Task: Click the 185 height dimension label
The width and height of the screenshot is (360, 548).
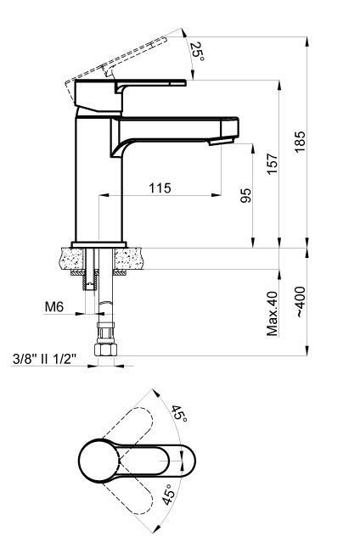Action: pos(300,142)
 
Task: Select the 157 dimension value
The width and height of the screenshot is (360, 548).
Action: pos(273,164)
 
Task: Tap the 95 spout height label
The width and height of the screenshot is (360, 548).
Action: pos(245,196)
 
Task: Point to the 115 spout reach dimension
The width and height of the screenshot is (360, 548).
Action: pos(160,187)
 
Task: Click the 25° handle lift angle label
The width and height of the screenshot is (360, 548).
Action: pos(197,52)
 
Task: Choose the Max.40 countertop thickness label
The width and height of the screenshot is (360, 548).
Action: pos(273,314)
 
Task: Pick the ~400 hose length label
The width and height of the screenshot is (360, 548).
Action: pos(300,302)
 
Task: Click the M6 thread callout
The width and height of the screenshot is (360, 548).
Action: pos(53,307)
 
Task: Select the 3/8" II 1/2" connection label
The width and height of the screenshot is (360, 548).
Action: pos(44,359)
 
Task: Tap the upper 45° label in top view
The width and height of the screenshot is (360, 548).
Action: pos(179,414)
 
